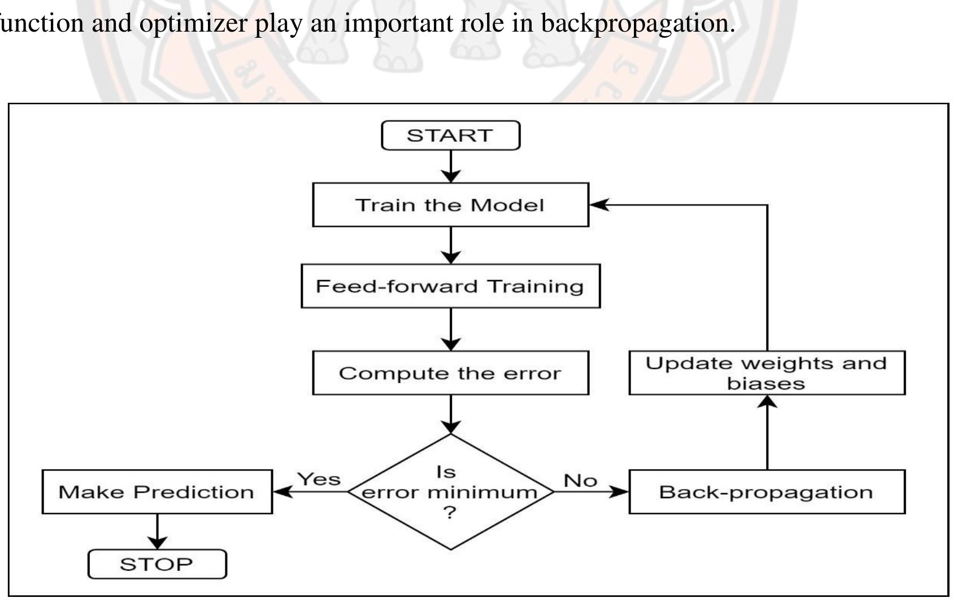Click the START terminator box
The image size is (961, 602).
pyautogui.click(x=450, y=136)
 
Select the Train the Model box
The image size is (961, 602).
pyautogui.click(x=450, y=204)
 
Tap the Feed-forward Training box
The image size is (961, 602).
pyautogui.click(x=450, y=286)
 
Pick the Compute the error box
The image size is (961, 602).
pyautogui.click(x=450, y=373)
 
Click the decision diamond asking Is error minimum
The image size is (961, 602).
pyautogui.click(x=450, y=492)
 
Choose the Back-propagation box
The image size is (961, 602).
pyautogui.click(x=767, y=492)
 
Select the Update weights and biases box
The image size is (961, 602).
pyautogui.click(x=767, y=373)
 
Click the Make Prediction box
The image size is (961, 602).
pyautogui.click(x=157, y=492)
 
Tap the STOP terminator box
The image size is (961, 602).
pyautogui.click(x=157, y=564)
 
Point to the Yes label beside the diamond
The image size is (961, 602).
pyautogui.click(x=319, y=479)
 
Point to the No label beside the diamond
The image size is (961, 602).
pyautogui.click(x=580, y=481)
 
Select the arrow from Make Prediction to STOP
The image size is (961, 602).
pyautogui.click(x=157, y=531)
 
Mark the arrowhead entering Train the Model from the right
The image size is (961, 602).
pyautogui.click(x=599, y=205)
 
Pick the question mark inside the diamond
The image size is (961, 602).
pyautogui.click(x=450, y=513)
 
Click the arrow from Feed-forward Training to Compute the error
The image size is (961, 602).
pyautogui.click(x=450, y=329)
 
